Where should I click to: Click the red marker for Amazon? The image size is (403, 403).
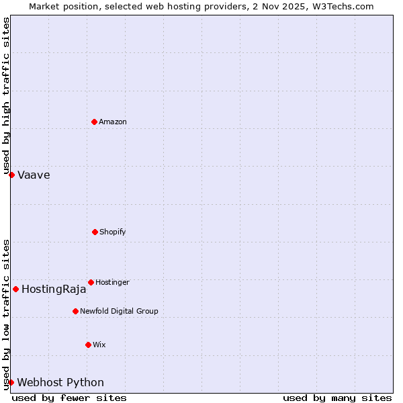[94, 122]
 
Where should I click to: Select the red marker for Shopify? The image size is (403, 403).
[95, 232]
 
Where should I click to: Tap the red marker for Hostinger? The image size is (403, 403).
[91, 282]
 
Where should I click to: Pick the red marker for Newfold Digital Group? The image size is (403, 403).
[75, 311]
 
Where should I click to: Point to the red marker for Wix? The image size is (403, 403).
[88, 345]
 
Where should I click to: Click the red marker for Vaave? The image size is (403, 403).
[11, 175]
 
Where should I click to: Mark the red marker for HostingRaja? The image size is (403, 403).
[15, 289]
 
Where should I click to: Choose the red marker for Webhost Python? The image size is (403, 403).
[11, 382]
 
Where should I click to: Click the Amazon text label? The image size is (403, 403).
[113, 122]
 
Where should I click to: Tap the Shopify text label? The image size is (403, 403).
[113, 232]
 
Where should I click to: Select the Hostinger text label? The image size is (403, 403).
[112, 282]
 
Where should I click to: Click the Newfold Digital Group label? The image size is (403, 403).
[119, 311]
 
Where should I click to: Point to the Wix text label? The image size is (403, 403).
[99, 345]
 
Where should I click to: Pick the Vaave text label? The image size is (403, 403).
[34, 175]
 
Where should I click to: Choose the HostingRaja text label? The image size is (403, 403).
[54, 289]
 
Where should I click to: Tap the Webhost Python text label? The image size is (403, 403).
[60, 383]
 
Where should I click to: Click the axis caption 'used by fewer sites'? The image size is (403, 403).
[69, 398]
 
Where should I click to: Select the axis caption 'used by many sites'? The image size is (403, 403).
[337, 398]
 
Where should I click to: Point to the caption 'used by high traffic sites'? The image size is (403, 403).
[6, 95]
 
